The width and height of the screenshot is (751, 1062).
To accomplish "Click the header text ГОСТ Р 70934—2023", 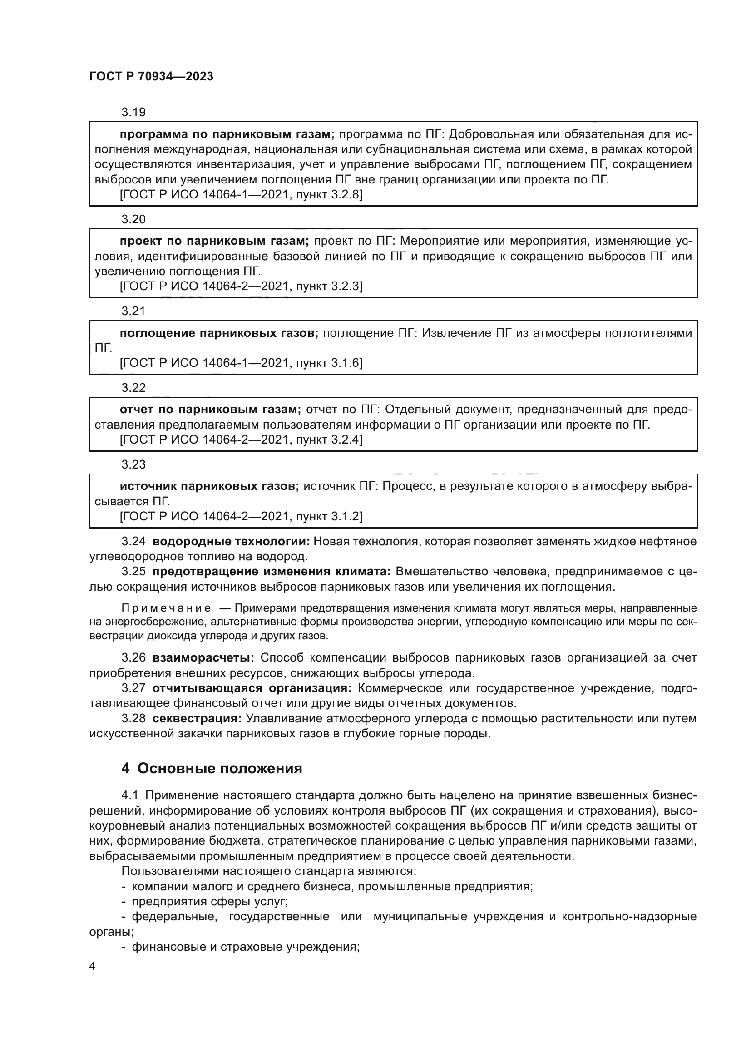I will pyautogui.click(x=151, y=77).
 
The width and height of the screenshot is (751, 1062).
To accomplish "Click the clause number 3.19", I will pyautogui.click(x=133, y=112).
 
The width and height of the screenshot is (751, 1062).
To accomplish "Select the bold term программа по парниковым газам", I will pyautogui.click(x=227, y=134).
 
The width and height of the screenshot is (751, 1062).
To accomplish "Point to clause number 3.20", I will pyautogui.click(x=133, y=219).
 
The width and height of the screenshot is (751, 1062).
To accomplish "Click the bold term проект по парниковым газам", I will pyautogui.click(x=214, y=241).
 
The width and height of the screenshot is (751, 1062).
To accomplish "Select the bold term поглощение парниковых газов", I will pyautogui.click(x=219, y=333).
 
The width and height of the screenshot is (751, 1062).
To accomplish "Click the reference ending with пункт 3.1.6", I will pyautogui.click(x=241, y=363).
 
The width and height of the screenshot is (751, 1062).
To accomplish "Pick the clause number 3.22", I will pyautogui.click(x=133, y=388).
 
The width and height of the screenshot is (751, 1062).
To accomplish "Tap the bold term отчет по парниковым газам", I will pyautogui.click(x=210, y=410).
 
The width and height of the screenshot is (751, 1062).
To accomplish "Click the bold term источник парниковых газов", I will pyautogui.click(x=209, y=486).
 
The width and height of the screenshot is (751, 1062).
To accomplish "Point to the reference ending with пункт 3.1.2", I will pyautogui.click(x=241, y=516).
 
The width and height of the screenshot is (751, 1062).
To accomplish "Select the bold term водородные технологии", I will pyautogui.click(x=231, y=542).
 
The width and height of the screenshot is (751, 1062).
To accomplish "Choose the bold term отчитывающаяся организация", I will pyautogui.click(x=252, y=688).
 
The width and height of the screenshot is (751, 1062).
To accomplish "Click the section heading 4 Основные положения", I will pyautogui.click(x=212, y=768).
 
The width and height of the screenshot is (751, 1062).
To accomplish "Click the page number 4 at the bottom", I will pyautogui.click(x=92, y=966).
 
